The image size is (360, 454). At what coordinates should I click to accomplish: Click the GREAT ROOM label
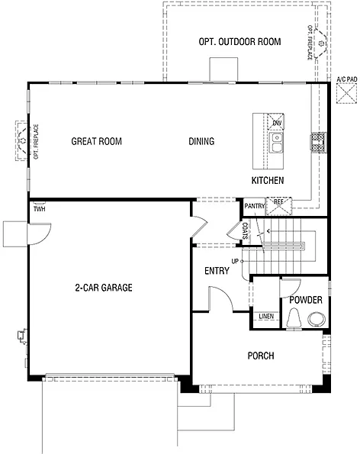pos(97,141)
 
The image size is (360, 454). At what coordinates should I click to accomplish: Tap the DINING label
pos(201,141)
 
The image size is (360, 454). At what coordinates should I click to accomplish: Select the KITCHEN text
pos(268,181)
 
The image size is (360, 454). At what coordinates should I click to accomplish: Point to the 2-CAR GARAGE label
pos(104,288)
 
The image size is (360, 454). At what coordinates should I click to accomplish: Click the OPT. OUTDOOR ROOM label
pos(239,42)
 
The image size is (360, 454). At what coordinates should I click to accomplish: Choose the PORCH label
pos(260,356)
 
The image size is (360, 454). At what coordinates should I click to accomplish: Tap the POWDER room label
pos(305,300)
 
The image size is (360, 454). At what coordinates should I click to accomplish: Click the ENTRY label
pos(217,272)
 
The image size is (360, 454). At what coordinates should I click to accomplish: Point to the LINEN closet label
pos(266,317)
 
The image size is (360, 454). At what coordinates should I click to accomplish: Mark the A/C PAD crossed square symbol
pos(345,92)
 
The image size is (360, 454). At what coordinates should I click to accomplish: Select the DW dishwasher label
pos(278,123)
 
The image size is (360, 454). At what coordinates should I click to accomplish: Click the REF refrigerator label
pos(278,202)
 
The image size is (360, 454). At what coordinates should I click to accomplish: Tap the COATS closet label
pos(246,231)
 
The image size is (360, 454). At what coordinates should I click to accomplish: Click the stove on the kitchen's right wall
pos(317,141)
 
